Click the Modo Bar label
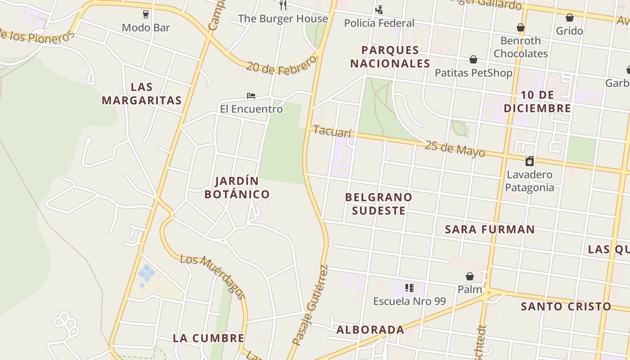[146, 27]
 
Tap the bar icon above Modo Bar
[146, 14]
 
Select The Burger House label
[283, 18]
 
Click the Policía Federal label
[379, 23]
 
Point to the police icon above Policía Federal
[379, 9]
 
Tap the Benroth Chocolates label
[521, 47]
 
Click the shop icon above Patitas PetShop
[473, 59]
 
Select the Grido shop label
[569, 31]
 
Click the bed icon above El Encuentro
[251, 96]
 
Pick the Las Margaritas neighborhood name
[142, 94]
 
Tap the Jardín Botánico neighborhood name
[237, 188]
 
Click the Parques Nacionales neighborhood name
[390, 57]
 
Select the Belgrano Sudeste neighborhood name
[379, 204]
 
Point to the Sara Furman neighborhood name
[490, 229]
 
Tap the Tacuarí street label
[332, 132]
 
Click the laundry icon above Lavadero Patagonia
[530, 161]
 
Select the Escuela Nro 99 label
[409, 301]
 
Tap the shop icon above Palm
[470, 276]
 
